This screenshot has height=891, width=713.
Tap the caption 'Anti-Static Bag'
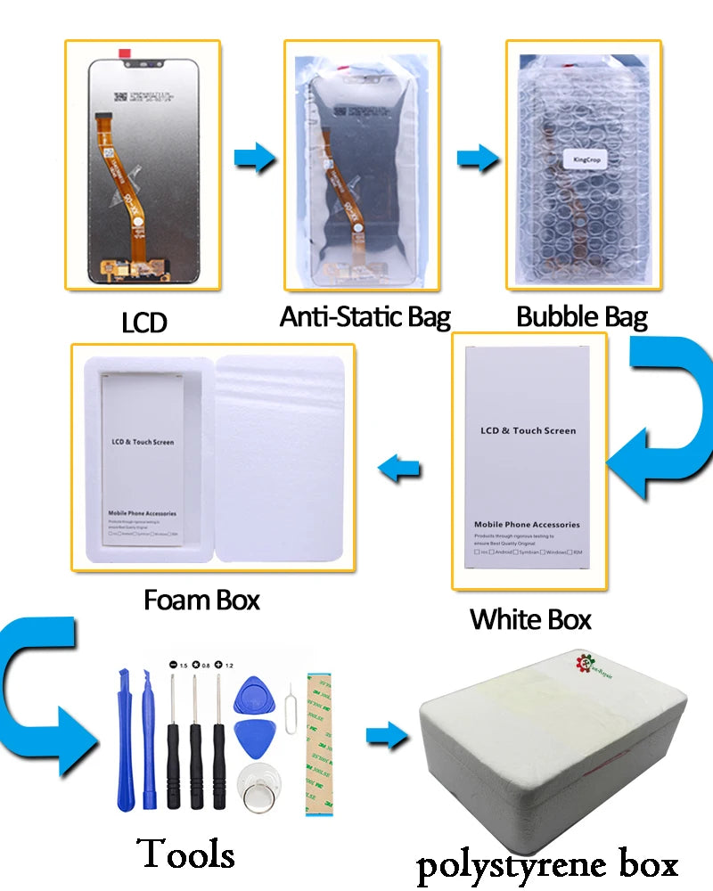(365, 316)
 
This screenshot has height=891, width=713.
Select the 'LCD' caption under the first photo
(144, 322)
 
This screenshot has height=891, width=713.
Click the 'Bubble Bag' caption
(582, 316)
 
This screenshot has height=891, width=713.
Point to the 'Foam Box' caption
(201, 600)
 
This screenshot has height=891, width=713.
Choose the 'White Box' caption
(530, 618)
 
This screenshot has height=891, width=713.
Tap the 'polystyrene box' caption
(547, 863)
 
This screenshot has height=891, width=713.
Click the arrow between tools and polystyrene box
(385, 736)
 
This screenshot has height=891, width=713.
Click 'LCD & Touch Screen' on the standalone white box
(528, 430)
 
